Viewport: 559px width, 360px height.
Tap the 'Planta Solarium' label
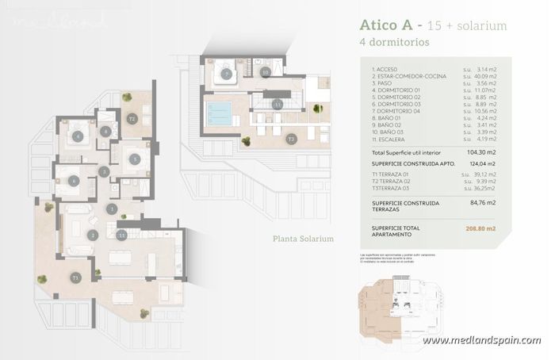(303, 239)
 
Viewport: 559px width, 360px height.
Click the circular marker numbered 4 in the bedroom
(77, 136)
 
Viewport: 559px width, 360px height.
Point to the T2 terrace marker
(132, 119)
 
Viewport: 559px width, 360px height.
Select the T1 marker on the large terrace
(75, 278)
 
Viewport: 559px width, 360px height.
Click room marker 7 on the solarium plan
(227, 75)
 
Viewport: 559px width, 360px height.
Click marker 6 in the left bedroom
(73, 181)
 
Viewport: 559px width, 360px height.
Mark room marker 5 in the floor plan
(135, 159)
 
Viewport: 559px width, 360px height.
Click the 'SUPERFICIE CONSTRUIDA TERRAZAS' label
(405, 207)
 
